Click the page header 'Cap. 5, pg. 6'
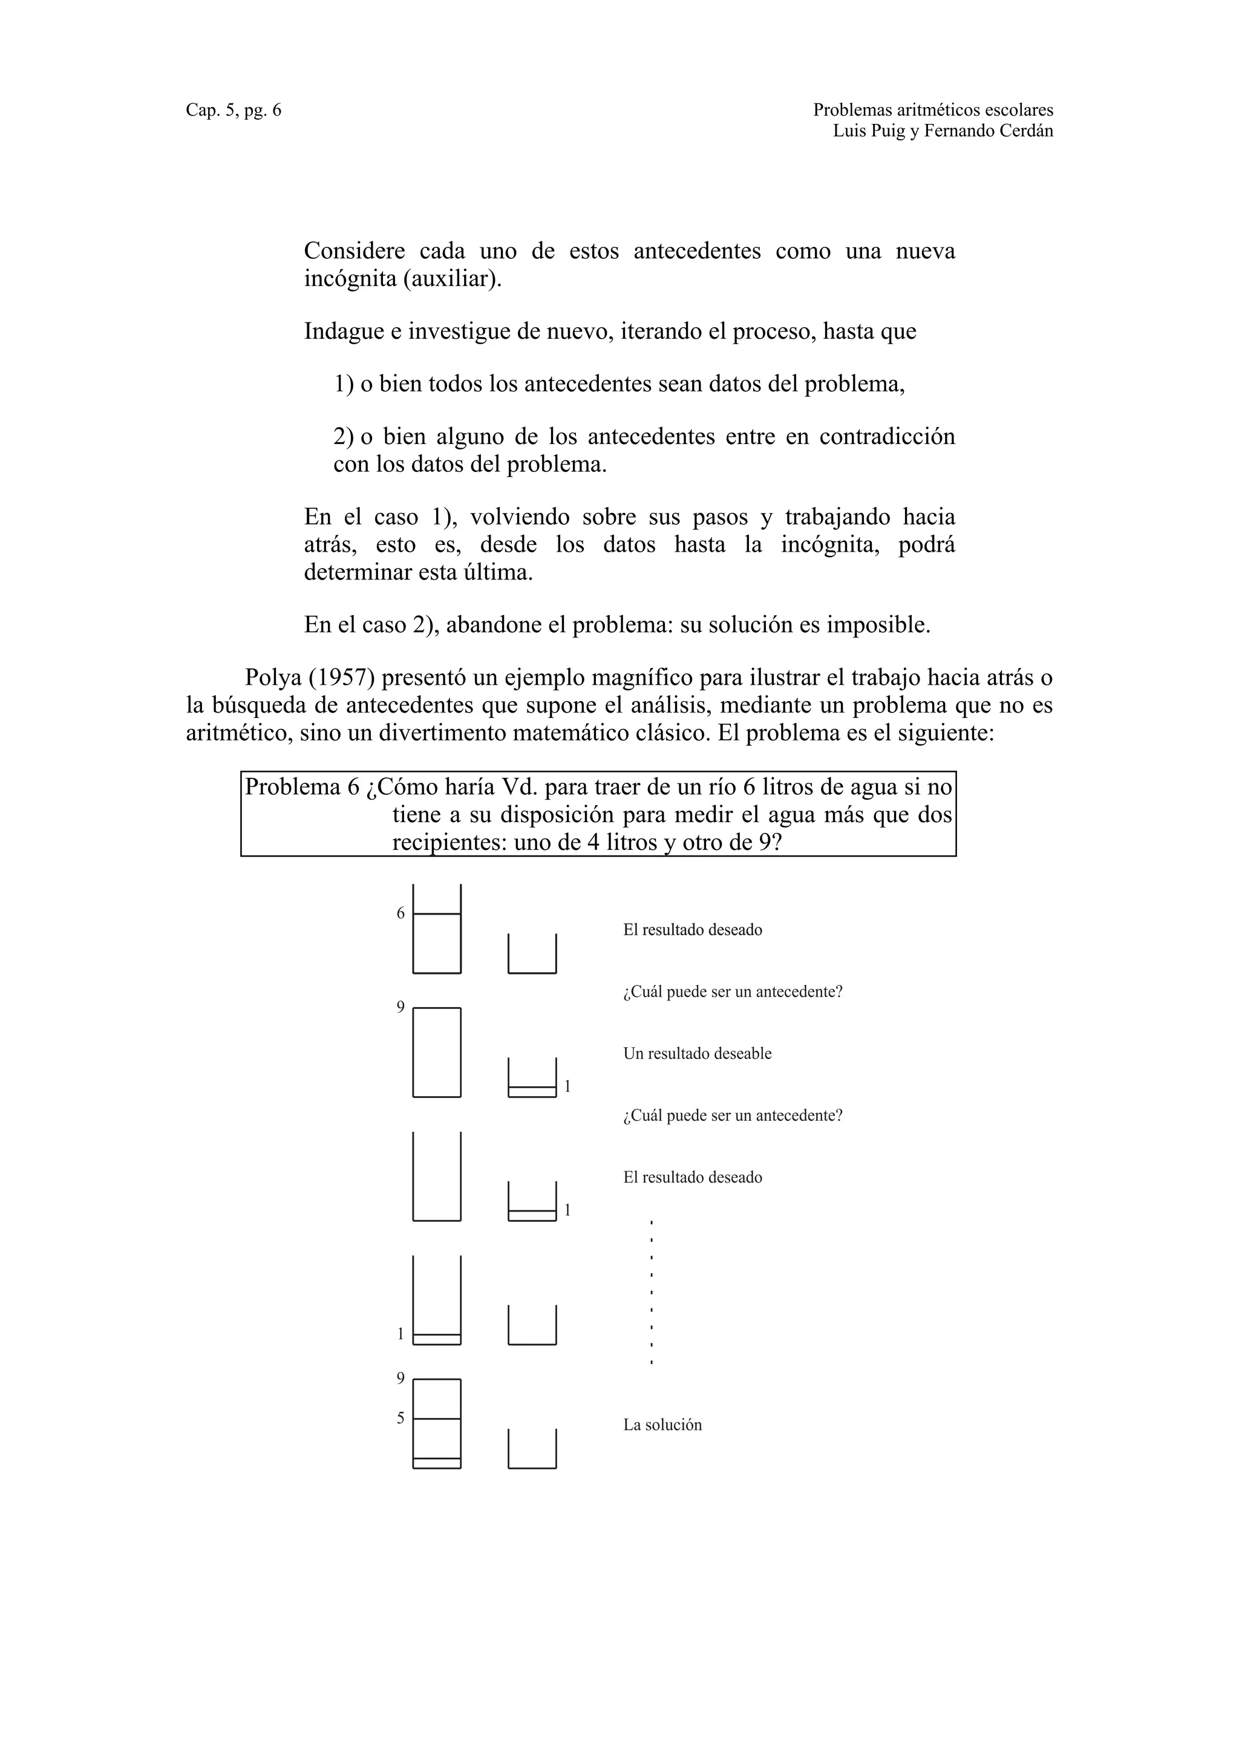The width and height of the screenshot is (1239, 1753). (233, 110)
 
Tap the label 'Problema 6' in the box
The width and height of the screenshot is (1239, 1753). (301, 787)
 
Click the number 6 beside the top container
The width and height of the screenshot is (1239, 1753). (400, 913)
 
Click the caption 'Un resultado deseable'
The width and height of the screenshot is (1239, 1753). (697, 1054)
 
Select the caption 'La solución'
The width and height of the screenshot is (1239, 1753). (662, 1425)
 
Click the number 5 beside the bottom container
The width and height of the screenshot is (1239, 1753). (400, 1418)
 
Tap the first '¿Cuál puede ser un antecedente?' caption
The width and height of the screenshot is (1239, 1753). (732, 992)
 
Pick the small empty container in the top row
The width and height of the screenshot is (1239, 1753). (532, 955)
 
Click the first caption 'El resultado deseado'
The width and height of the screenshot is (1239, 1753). (693, 930)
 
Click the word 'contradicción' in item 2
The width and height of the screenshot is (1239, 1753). (886, 436)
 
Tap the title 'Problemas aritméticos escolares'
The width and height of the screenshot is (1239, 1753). (932, 110)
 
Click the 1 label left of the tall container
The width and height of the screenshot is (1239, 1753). (400, 1334)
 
